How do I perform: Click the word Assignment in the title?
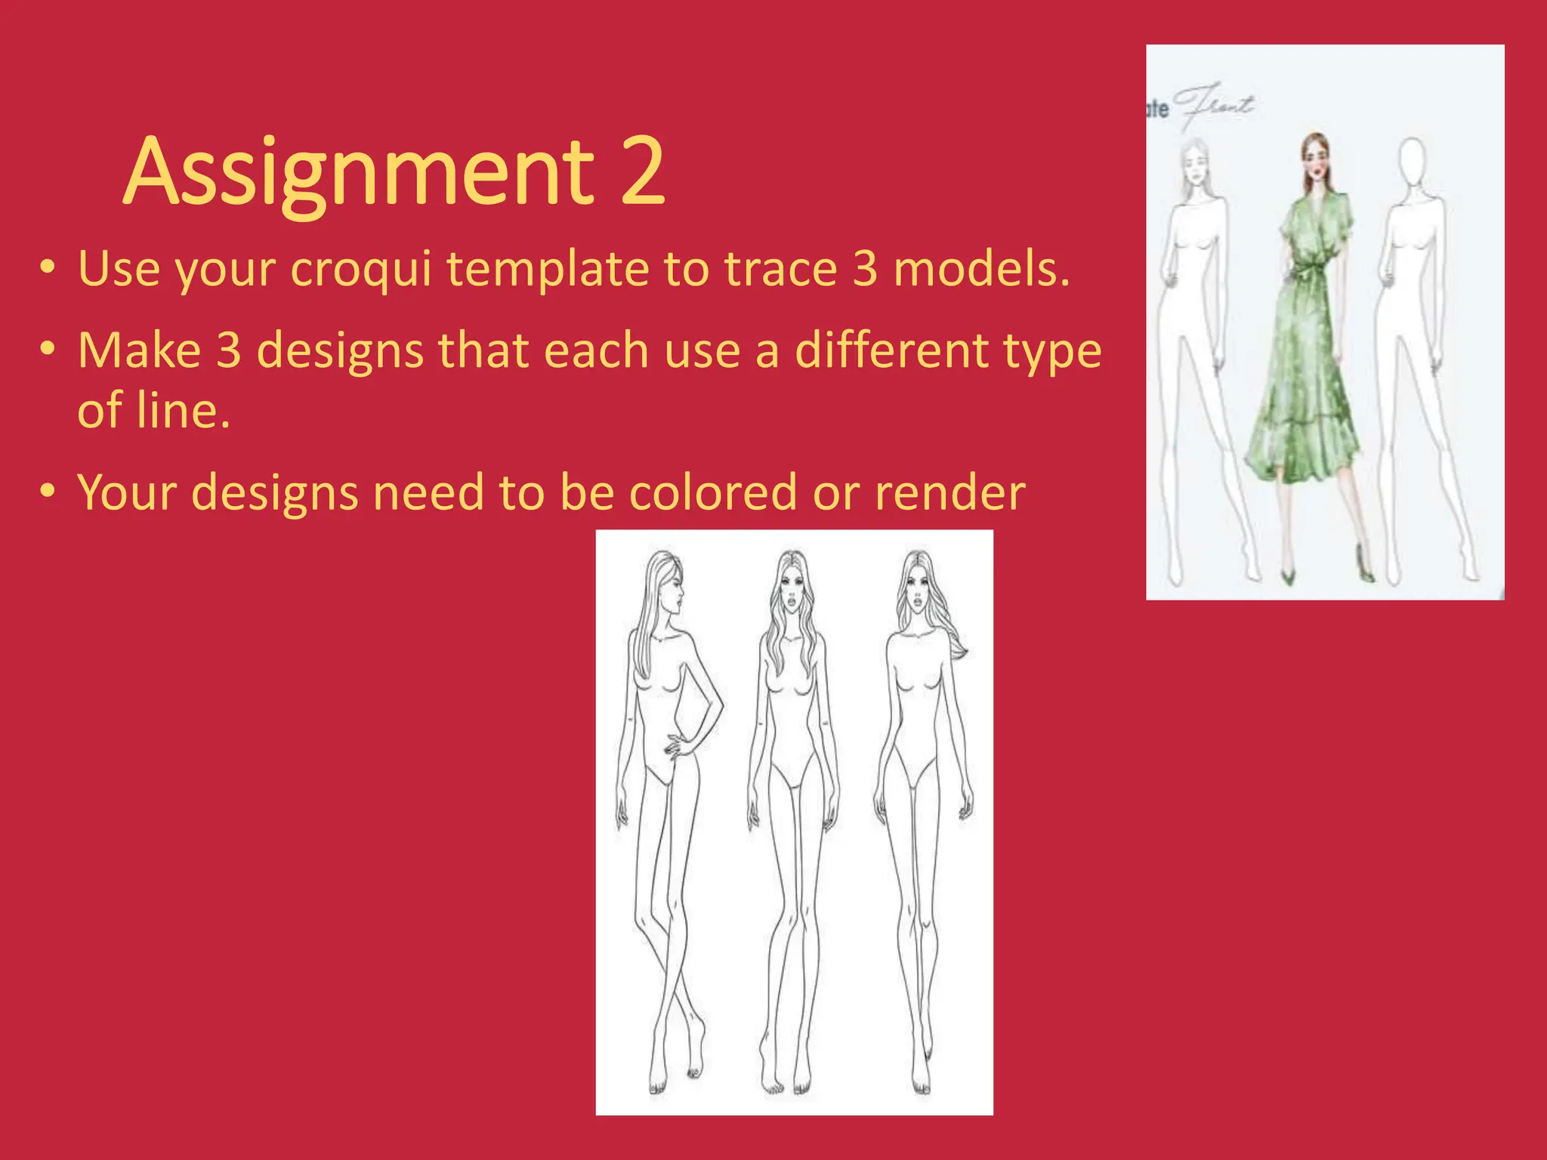pyautogui.click(x=360, y=172)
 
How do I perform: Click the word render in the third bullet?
pyautogui.click(x=950, y=492)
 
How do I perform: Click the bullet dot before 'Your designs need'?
pyautogui.click(x=48, y=492)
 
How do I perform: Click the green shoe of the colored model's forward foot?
pyautogui.click(x=1286, y=575)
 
